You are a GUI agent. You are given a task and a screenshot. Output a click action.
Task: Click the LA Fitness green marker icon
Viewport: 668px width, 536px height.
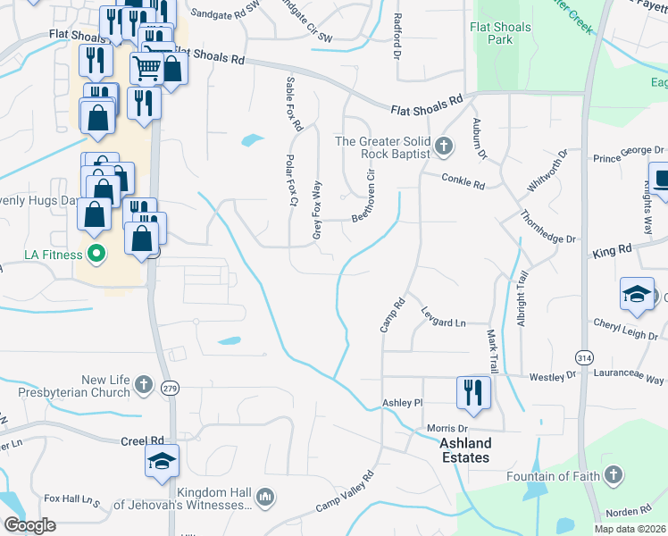tap(96, 255)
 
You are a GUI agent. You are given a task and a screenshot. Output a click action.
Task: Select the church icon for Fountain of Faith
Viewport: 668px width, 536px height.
tap(614, 475)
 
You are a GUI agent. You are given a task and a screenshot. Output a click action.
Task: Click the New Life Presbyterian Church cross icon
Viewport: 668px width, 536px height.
tap(144, 385)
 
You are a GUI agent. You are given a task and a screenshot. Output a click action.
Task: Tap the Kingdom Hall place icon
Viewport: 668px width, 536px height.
tap(264, 497)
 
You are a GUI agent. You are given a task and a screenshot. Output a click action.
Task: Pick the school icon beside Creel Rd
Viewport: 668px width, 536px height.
tap(162, 459)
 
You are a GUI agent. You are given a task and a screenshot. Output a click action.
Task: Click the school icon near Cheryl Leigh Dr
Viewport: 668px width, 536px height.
tap(635, 294)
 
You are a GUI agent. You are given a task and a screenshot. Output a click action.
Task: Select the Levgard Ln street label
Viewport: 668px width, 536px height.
tap(444, 322)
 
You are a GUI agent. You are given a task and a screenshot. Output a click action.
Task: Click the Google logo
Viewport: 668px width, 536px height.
tap(29, 525)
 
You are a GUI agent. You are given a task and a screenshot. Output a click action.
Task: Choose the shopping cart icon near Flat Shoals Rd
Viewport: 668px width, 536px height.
tap(146, 67)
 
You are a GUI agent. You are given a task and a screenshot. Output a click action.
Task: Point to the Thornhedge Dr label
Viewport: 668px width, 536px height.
tap(549, 226)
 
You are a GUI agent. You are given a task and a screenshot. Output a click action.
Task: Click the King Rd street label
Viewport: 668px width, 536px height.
tap(612, 252)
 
